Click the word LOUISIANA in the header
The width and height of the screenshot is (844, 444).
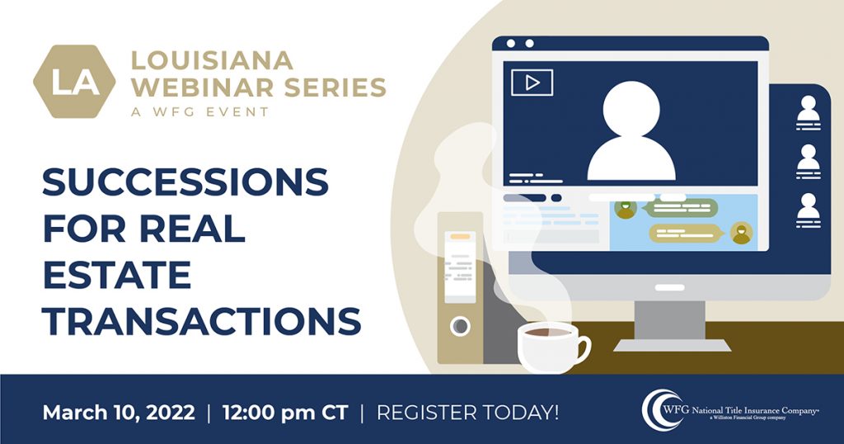(212, 60)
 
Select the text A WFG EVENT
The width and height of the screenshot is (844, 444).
(199, 111)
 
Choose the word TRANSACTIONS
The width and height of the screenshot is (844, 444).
(202, 321)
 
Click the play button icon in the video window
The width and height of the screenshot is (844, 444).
(532, 83)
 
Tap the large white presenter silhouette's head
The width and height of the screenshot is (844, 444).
(631, 110)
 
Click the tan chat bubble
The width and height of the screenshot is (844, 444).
(686, 234)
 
